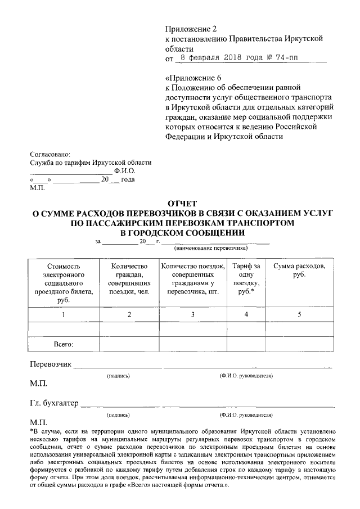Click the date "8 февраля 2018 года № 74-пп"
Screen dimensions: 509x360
click(244, 57)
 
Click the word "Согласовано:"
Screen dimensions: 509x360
click(50, 153)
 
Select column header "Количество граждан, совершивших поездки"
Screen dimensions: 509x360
click(129, 279)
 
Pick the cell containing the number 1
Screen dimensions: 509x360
click(64, 314)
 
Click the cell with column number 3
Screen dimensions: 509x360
click(192, 314)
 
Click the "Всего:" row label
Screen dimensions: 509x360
click(64, 343)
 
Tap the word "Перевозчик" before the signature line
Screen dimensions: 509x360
click(51, 363)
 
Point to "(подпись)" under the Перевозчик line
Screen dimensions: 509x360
click(118, 375)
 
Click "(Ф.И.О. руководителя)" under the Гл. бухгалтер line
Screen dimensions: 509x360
click(246, 415)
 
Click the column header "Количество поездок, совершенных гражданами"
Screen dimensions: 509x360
click(192, 279)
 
